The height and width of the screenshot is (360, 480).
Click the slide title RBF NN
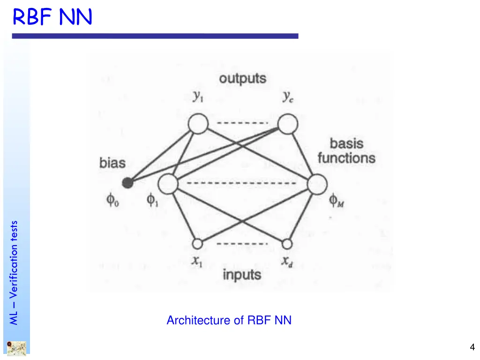coord(52,17)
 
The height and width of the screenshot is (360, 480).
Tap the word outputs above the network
coord(242,79)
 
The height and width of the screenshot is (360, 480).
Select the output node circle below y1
coord(198,124)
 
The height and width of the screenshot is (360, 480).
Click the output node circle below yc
coord(288,124)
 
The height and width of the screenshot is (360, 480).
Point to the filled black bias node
coord(127,183)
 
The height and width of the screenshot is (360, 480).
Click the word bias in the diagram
coord(112,163)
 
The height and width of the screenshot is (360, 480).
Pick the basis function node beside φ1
coord(168,183)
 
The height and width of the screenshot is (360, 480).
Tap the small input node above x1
coord(197,244)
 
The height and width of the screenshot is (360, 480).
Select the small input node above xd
coord(287,244)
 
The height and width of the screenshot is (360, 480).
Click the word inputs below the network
coord(242,275)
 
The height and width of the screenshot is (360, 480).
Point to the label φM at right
coord(336,202)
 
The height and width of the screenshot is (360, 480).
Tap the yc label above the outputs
coord(288,97)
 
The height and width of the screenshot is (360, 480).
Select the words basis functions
coord(346,150)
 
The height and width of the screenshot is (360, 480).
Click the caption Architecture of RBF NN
coord(229,320)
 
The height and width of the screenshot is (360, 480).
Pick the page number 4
coord(472,347)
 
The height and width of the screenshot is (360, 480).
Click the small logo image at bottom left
coord(16,348)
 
